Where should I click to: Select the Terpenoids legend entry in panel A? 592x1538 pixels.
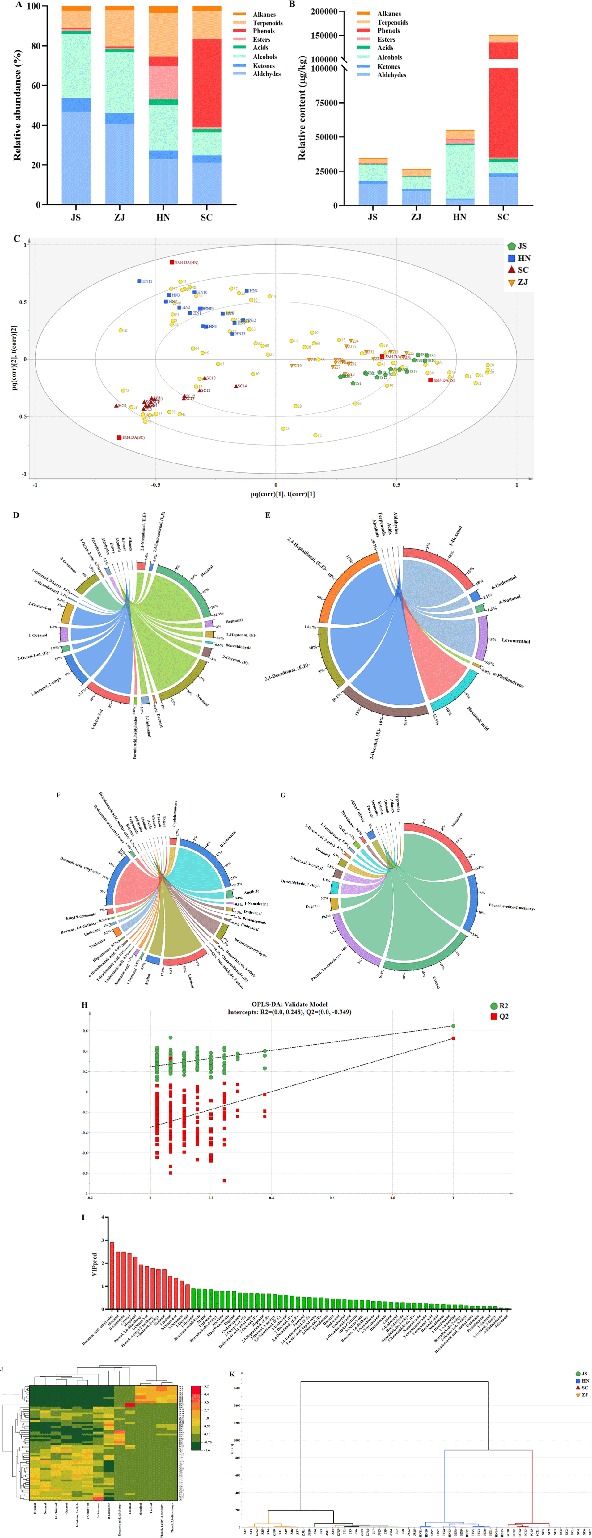pos(267,23)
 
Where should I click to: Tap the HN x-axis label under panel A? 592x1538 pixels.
pos(163,217)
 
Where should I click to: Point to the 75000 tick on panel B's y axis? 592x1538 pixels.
pos(325,103)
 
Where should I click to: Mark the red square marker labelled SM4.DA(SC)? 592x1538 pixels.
pos(120,437)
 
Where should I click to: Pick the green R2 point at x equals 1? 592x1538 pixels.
pos(453,1026)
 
